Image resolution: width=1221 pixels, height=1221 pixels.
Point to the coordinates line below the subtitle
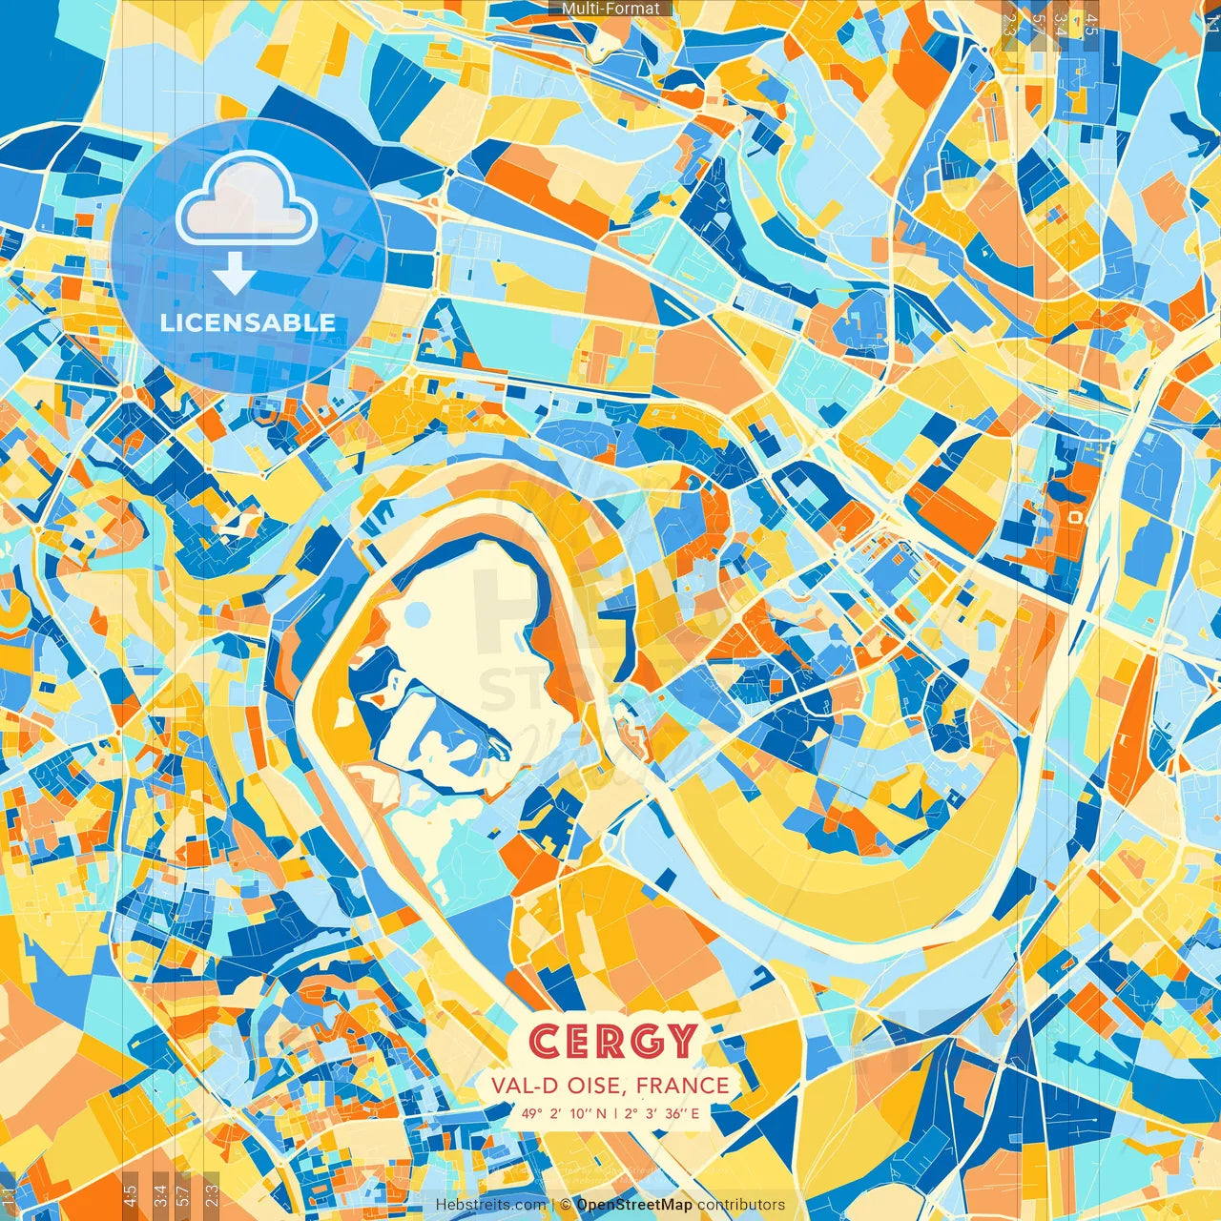[610, 1113]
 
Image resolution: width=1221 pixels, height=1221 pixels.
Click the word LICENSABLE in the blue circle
[248, 322]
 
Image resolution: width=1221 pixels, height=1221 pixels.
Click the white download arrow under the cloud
[234, 274]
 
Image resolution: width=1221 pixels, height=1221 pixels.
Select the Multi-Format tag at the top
[610, 9]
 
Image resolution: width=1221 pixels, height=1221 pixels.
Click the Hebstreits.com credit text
[490, 1205]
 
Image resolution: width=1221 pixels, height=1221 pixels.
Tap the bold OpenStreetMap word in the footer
[634, 1205]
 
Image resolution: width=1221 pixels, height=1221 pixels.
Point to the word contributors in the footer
[741, 1205]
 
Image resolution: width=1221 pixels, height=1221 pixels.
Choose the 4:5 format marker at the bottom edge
[130, 1193]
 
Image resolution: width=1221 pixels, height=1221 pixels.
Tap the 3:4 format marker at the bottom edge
[159, 1193]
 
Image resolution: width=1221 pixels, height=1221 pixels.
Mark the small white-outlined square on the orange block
[1076, 516]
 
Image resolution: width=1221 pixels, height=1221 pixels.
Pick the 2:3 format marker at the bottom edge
[211, 1193]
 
